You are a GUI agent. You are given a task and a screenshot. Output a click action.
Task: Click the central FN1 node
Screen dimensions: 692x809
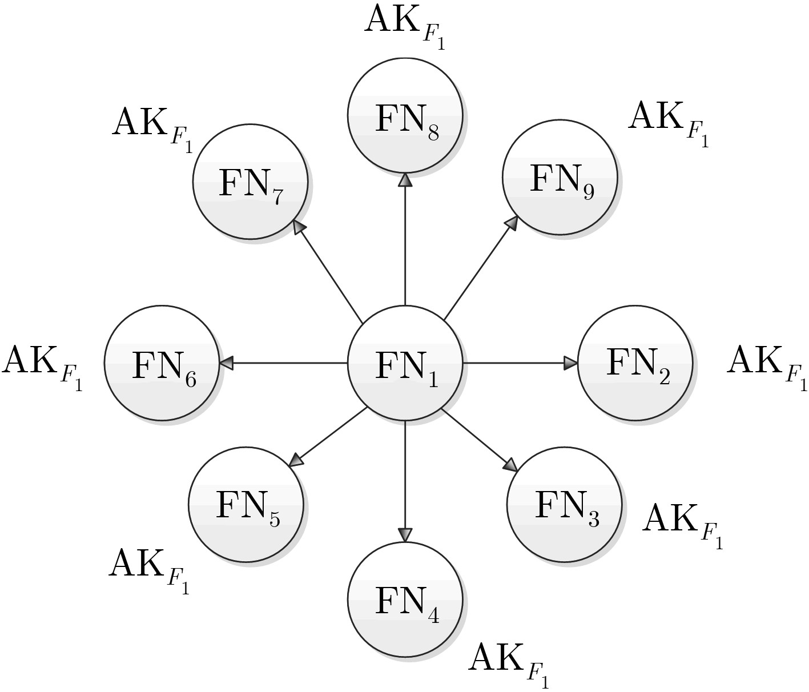click(405, 363)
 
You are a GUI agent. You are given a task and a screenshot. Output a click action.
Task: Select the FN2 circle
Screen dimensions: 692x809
click(635, 363)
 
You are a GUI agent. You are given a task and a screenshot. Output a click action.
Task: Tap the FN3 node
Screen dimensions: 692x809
click(564, 505)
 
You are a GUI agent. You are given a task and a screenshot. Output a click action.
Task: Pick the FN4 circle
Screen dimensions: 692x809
click(405, 598)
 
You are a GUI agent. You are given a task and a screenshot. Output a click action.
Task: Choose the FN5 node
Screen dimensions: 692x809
click(246, 505)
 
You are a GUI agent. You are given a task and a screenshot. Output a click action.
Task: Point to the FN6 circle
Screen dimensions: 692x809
click(162, 363)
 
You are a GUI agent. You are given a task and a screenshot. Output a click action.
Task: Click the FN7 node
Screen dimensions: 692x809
click(250, 181)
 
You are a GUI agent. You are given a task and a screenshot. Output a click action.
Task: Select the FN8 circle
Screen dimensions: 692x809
click(405, 115)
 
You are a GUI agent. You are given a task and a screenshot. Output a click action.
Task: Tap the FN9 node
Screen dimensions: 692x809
click(560, 177)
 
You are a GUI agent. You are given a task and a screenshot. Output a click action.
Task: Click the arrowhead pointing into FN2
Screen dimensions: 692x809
click(571, 363)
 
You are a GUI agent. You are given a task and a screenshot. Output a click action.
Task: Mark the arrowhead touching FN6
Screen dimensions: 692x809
click(227, 363)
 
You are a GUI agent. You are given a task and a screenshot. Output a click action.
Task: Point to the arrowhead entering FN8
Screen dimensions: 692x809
click(405, 180)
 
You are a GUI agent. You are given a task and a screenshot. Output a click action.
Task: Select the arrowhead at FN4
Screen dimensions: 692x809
click(405, 534)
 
